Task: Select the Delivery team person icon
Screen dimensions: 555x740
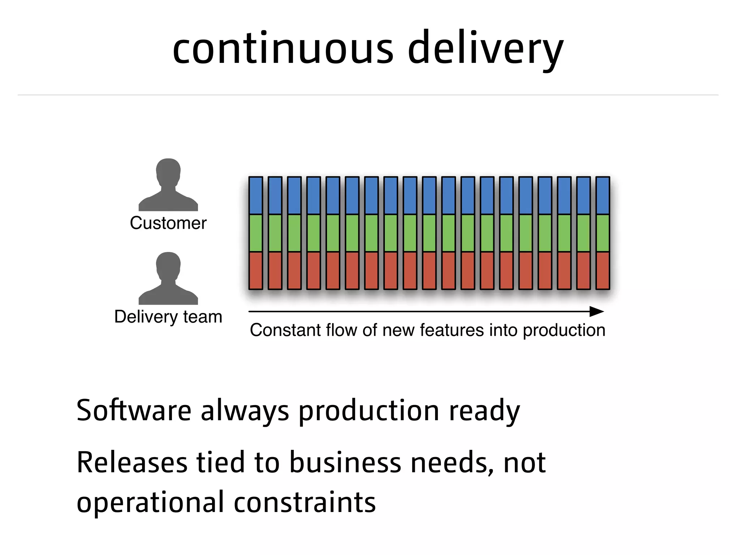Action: click(168, 279)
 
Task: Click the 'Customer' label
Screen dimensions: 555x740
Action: click(168, 223)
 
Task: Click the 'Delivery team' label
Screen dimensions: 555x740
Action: click(168, 317)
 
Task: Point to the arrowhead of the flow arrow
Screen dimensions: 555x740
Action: click(597, 311)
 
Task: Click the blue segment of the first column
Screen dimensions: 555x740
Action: click(255, 195)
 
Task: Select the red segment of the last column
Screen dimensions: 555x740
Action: click(602, 271)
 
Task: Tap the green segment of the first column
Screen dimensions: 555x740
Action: click(255, 233)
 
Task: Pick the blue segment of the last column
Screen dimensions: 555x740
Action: click(602, 195)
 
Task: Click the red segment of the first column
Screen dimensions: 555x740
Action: click(255, 271)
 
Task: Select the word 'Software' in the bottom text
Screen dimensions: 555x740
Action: click(134, 411)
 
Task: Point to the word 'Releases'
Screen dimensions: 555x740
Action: click(132, 463)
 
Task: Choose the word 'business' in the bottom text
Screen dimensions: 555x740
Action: click(345, 463)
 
